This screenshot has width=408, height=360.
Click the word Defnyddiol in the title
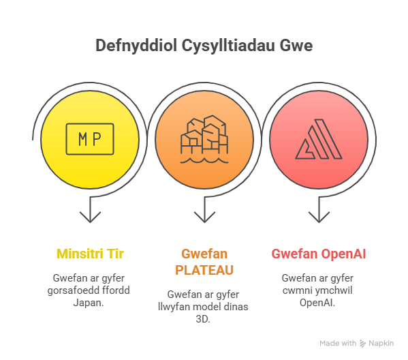(x=136, y=46)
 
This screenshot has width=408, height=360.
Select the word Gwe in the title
(x=296, y=46)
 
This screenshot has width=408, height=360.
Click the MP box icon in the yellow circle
(x=90, y=139)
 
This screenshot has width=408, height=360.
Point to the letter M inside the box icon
(x=82, y=139)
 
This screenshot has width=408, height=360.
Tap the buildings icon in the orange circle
(x=204, y=139)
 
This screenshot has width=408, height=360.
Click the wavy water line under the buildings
(x=204, y=160)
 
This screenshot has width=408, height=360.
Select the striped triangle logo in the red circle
(x=319, y=139)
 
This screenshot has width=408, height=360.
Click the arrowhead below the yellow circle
(x=90, y=217)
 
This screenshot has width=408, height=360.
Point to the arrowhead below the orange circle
(x=204, y=217)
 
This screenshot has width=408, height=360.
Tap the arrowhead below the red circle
(x=319, y=217)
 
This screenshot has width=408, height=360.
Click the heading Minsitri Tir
(x=90, y=254)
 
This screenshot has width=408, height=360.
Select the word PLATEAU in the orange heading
(x=204, y=270)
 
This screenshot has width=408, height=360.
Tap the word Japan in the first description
(x=89, y=303)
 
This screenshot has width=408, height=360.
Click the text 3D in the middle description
(x=203, y=319)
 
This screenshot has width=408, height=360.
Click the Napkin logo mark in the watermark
(x=363, y=344)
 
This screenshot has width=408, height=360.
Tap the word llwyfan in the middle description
(x=172, y=307)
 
